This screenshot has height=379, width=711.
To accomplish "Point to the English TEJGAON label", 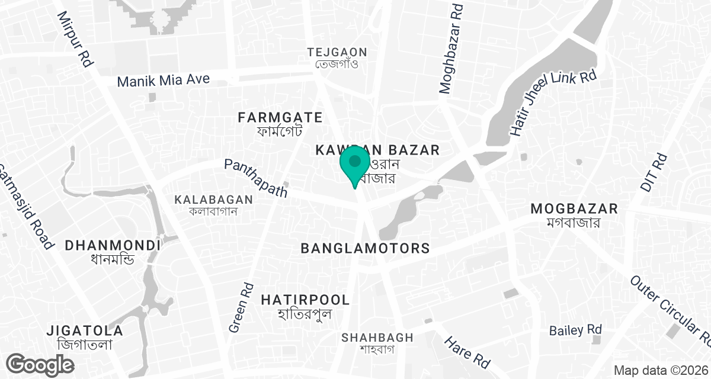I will tap(337, 52).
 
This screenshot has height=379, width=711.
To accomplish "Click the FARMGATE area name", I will tap(280, 117).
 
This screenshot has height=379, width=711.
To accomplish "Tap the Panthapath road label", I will tap(256, 178).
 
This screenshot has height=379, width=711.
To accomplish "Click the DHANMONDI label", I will tap(113, 245).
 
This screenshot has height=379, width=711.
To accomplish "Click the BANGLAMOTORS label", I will tap(365, 248).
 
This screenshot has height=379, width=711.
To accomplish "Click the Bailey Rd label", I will tap(575, 330).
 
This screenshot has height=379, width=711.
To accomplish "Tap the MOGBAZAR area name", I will tap(574, 208).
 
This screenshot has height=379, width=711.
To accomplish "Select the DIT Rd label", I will tap(654, 172).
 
